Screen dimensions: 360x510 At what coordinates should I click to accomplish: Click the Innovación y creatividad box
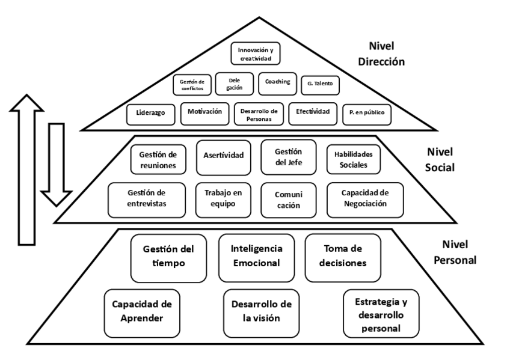click(250, 52)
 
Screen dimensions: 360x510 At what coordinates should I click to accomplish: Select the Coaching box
click(277, 83)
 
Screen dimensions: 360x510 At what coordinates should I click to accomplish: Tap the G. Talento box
click(319, 85)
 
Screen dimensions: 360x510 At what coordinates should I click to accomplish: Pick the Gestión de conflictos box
click(192, 85)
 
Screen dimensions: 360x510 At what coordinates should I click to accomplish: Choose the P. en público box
click(367, 114)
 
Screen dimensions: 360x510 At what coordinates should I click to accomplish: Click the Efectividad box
click(312, 113)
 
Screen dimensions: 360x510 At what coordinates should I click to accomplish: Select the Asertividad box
click(224, 156)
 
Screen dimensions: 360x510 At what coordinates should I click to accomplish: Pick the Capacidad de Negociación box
click(366, 199)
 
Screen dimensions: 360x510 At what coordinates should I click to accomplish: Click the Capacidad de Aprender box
click(142, 313)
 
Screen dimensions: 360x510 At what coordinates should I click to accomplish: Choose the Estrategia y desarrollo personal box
click(381, 313)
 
